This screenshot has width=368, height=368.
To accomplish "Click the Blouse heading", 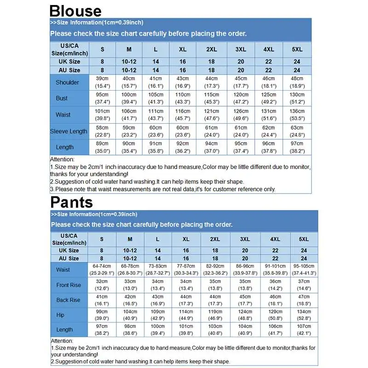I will point(75,10).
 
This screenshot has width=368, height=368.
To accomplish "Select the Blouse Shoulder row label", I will point(67,82).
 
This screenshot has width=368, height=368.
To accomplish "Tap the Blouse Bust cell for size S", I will point(102,98).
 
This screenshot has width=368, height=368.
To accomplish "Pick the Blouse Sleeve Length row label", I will point(69,131).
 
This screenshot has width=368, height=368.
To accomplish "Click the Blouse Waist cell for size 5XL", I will point(297,115).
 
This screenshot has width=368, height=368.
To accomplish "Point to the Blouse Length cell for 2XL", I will point(212,147).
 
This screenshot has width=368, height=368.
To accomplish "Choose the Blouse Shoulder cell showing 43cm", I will point(183,82).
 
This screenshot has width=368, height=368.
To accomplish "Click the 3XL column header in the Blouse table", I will point(241,49).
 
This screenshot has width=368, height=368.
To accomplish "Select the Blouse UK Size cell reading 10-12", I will point(129,61).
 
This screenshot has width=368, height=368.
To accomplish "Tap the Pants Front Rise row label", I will point(69,285).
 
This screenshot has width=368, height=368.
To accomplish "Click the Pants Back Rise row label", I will point(69,300).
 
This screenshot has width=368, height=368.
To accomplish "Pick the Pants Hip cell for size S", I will point(102,315).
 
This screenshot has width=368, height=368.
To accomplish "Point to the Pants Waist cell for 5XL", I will point(304,270).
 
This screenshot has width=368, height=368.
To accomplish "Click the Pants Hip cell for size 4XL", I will point(275,315).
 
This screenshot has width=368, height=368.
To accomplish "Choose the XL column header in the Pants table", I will point(186,239).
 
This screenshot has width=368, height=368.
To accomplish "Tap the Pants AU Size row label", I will point(69,259).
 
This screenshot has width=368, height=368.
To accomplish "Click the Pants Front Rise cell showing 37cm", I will point(304,285).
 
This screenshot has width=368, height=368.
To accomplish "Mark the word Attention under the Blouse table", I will point(62,159).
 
